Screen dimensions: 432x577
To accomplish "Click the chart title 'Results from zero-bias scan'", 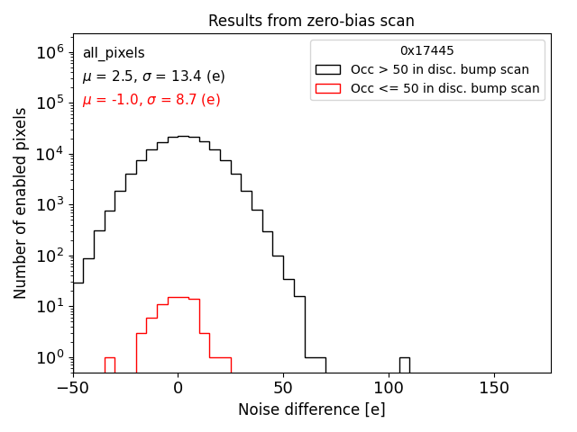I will (x=311, y=21).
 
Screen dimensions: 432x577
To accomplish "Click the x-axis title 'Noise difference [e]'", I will (x=311, y=409).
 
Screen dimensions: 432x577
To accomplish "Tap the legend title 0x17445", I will (x=427, y=51).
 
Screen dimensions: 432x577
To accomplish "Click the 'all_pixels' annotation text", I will (x=114, y=53).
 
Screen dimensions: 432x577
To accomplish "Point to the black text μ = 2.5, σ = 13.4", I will (x=153, y=76).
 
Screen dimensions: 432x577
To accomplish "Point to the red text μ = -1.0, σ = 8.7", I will (x=151, y=100).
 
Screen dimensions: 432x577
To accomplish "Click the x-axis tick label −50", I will (x=72, y=388).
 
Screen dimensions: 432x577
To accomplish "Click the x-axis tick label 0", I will (x=178, y=388).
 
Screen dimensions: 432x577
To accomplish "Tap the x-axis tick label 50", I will (x=283, y=388).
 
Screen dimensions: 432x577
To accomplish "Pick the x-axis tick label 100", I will (x=389, y=388).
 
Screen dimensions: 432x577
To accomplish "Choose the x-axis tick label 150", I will (x=494, y=388).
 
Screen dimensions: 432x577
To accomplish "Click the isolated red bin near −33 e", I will (x=109, y=364).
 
